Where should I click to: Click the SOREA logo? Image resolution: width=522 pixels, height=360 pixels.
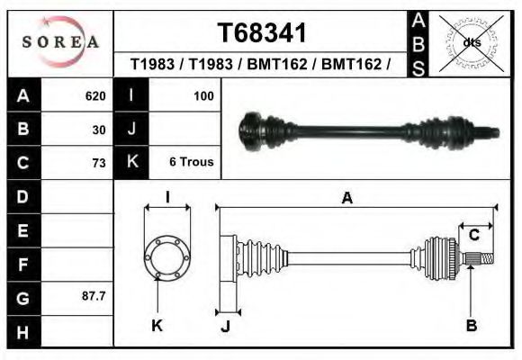coord(60,41)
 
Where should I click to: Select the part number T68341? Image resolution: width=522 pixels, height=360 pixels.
coord(263,33)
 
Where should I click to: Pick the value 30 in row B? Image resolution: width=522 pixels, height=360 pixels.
coord(99,130)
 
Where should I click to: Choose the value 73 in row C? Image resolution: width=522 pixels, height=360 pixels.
coord(99,163)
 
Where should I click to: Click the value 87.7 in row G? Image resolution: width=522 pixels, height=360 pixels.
coord(94,296)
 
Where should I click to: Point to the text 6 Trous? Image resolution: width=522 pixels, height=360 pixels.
coord(192,163)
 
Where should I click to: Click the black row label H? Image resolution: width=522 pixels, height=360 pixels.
coord(22,332)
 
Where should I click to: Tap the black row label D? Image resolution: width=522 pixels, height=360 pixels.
coord(22,196)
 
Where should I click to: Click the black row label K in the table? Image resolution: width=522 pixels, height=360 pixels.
coord(132,163)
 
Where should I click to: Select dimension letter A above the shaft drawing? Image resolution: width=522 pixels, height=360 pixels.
coord(346,199)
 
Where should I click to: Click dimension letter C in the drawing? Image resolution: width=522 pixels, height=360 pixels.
coord(473,235)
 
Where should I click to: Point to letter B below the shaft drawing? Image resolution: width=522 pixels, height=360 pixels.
coord(471,326)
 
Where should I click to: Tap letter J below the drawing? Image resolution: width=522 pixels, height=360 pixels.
coord(225,326)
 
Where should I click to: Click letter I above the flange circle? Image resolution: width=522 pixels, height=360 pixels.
coord(166,198)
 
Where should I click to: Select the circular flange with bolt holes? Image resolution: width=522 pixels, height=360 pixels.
coord(166,256)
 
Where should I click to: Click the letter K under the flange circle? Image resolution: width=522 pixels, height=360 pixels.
coord(157,326)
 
